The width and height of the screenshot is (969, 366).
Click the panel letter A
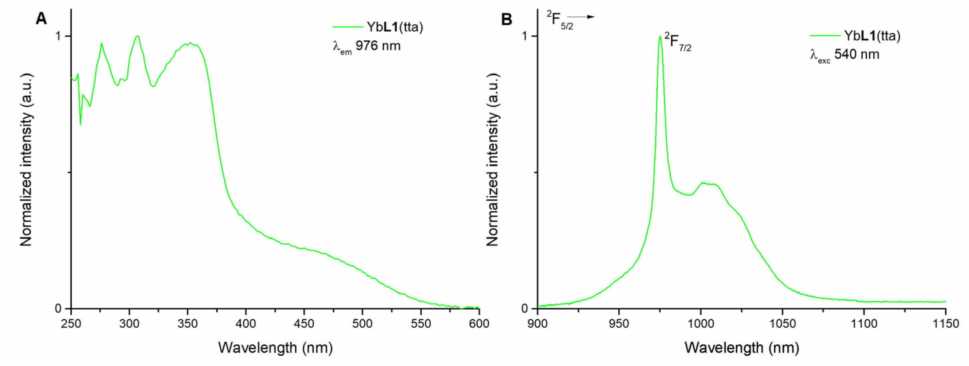click(41, 18)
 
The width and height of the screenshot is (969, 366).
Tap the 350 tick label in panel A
click(187, 324)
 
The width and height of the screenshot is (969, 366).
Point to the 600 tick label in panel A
click(479, 324)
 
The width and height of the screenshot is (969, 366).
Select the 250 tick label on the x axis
click(71, 324)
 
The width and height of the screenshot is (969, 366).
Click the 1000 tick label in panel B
click(701, 324)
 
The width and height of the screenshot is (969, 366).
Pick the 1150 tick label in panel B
click(946, 324)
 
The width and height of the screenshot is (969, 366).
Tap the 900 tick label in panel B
click(538, 324)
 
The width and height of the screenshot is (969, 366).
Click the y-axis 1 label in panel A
click(58, 36)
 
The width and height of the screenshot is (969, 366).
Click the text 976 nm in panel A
click(378, 46)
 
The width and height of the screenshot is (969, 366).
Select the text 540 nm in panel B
click(857, 54)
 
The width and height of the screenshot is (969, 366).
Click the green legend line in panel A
click(347, 27)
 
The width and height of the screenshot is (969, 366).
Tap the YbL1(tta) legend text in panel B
click(872, 36)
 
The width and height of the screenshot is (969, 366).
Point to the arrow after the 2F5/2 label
click(581, 17)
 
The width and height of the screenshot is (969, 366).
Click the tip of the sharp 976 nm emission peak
click(660, 37)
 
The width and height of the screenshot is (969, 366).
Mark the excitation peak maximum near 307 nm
click(138, 36)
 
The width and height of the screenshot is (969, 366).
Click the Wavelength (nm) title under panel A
click(276, 348)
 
